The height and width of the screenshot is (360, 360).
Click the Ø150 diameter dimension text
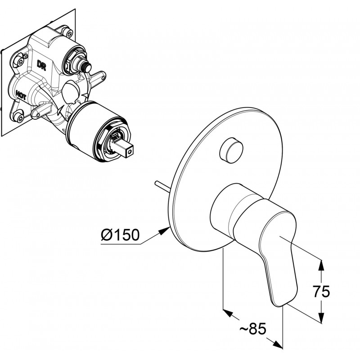tap(120, 234)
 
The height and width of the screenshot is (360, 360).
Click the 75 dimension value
tap(321, 292)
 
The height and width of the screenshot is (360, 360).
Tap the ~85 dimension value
tap(253, 328)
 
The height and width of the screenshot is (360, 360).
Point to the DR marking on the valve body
tap(41, 65)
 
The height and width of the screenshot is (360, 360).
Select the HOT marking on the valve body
tap(21, 94)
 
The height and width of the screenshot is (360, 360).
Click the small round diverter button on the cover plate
tap(231, 150)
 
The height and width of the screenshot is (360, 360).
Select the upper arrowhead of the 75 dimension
tap(321, 265)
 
